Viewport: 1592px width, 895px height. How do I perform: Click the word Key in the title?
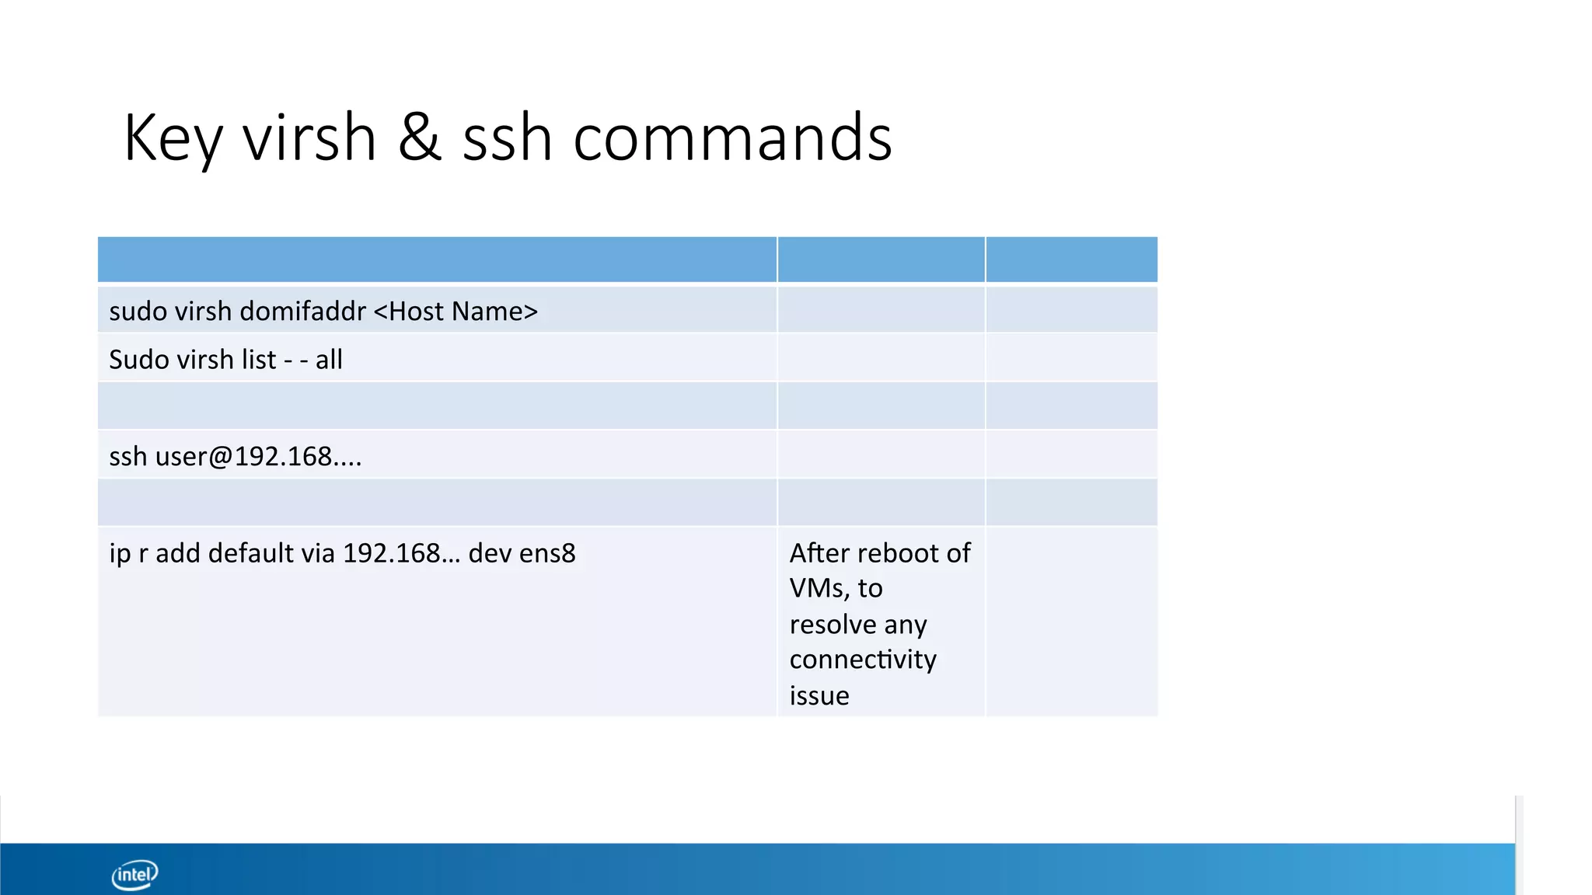(x=173, y=138)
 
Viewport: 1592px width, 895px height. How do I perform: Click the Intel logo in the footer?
(x=135, y=875)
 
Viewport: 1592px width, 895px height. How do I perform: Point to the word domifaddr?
(x=302, y=312)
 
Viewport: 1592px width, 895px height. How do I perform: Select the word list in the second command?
(x=258, y=360)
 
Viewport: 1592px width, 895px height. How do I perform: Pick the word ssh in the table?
(x=127, y=456)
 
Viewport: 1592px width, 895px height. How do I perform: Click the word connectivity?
(x=863, y=660)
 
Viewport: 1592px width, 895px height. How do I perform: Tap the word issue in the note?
(x=819, y=695)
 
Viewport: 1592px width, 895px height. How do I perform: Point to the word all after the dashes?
(x=329, y=360)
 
